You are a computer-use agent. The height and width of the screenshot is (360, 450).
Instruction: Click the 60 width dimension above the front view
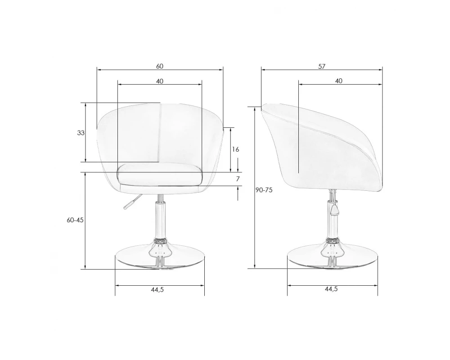[x=160, y=66]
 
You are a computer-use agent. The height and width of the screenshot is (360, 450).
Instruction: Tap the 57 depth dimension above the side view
[x=322, y=66]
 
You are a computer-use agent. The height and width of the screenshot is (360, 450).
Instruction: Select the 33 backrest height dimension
[x=81, y=133]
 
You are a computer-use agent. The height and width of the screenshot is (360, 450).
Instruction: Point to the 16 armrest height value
[x=235, y=149]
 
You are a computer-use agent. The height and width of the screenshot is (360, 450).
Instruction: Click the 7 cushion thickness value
[x=238, y=179]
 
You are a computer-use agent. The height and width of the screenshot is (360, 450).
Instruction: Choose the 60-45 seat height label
[x=75, y=220]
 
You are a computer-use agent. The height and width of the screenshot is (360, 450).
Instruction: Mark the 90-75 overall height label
[x=264, y=190]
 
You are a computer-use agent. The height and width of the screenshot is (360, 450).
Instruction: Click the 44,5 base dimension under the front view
[x=157, y=290]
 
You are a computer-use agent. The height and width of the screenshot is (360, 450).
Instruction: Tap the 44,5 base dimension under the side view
[x=331, y=289]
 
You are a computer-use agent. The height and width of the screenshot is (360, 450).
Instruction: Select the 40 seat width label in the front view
[x=160, y=81]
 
